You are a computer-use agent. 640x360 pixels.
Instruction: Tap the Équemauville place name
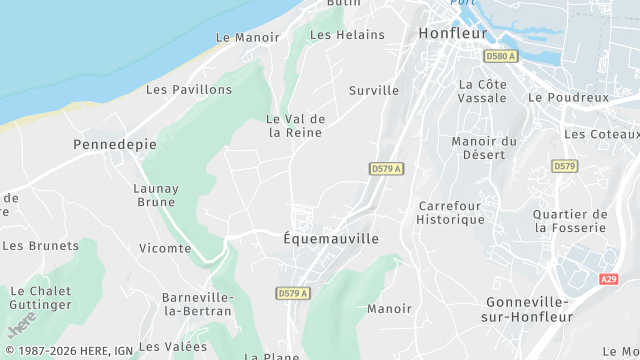(331, 239)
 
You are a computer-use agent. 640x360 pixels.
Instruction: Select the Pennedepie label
(115, 144)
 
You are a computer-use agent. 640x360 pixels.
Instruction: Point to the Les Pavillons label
(189, 89)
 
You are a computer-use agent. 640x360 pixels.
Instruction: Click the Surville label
(374, 90)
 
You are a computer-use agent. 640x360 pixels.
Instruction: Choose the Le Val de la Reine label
(295, 126)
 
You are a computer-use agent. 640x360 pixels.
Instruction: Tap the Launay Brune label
(156, 195)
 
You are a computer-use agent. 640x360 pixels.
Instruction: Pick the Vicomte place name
(165, 248)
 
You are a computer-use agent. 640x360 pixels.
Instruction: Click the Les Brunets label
(41, 245)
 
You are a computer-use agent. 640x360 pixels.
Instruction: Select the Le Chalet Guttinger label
(41, 298)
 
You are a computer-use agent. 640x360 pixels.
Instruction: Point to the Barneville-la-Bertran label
(198, 304)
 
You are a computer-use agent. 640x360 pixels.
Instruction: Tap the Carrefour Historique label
(450, 212)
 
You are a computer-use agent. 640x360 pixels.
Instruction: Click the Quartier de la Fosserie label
(570, 221)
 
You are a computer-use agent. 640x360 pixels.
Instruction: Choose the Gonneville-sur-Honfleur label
(527, 309)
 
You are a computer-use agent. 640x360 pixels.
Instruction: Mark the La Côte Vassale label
(482, 91)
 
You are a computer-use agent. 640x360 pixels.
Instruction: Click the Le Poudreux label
(568, 97)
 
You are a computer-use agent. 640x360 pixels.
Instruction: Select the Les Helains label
(347, 35)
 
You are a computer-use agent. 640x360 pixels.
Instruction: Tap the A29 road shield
(610, 280)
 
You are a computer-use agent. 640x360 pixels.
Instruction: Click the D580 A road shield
(500, 56)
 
